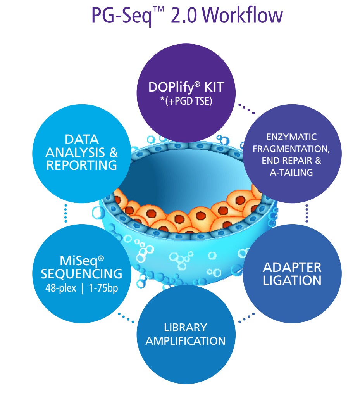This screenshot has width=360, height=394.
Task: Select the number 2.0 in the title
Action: click(185, 16)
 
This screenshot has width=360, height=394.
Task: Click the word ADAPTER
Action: click(292, 267)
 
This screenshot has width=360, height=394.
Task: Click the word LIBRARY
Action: click(185, 327)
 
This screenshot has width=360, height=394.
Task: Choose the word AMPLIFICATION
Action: click(185, 341)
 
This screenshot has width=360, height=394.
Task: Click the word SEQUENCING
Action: click(81, 274)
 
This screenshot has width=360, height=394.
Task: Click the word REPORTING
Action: click(81, 165)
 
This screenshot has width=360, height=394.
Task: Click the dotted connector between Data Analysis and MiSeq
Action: click(66, 213)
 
